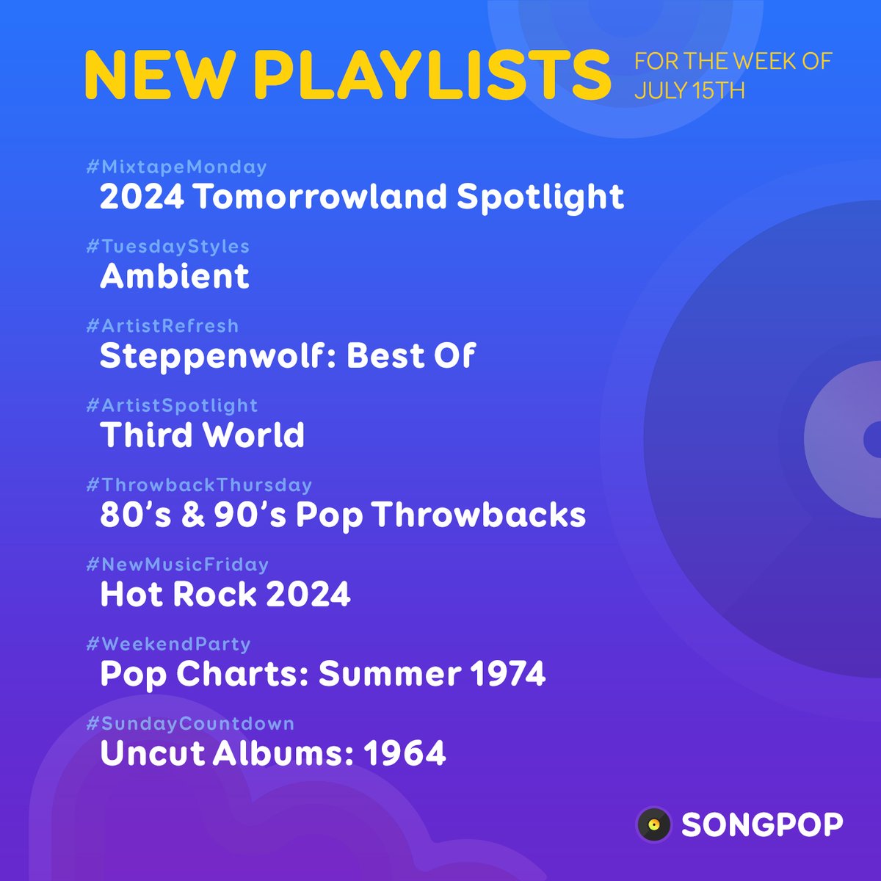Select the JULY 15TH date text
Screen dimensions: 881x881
click(689, 91)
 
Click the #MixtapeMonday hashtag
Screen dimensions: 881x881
click(176, 167)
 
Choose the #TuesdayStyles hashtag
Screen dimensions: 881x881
click(167, 247)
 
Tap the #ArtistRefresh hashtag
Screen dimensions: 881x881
click(162, 326)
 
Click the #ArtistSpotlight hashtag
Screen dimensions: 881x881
click(172, 406)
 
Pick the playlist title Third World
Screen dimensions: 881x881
click(202, 435)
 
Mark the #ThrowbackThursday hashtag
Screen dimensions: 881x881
click(199, 485)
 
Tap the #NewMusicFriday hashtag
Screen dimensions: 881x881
click(177, 565)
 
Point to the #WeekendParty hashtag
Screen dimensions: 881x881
click(168, 644)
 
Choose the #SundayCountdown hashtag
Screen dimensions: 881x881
click(190, 724)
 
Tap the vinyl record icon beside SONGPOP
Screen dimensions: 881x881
click(654, 824)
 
